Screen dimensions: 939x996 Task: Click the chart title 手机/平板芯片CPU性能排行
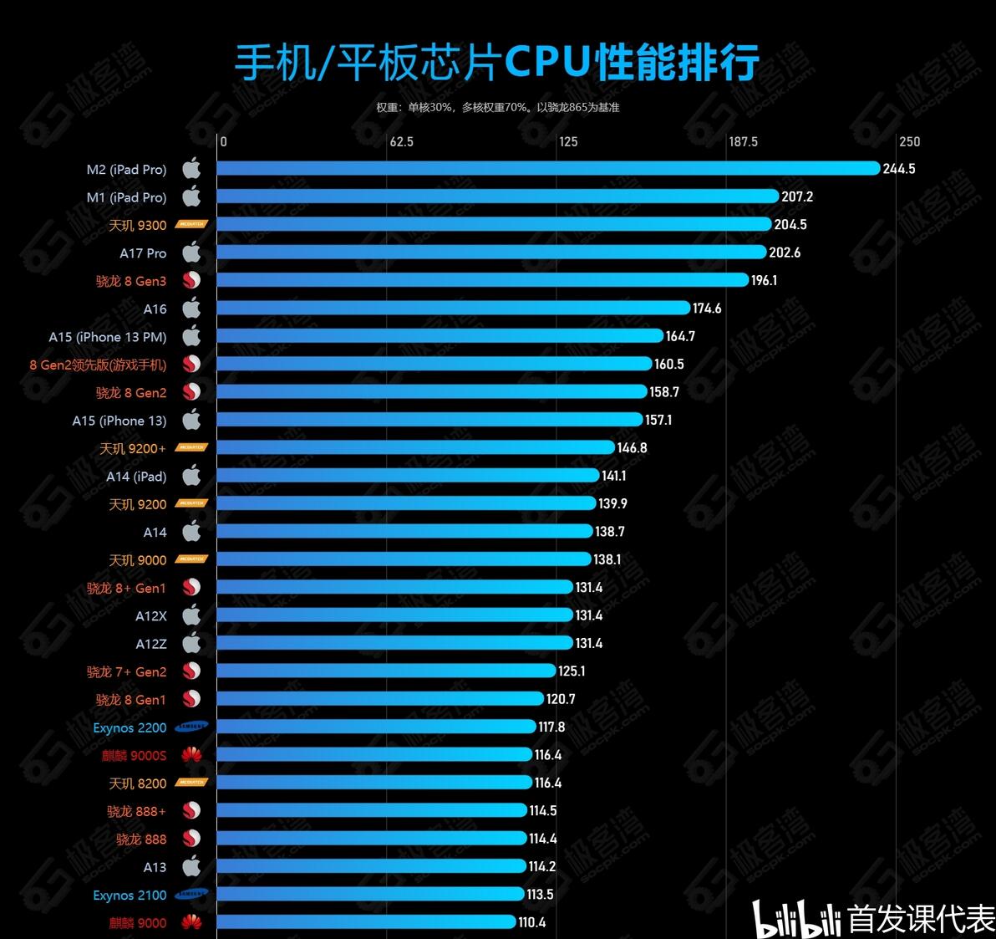[x=496, y=63]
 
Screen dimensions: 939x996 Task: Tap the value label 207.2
[x=797, y=197]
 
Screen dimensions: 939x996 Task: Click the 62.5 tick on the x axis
[x=401, y=142]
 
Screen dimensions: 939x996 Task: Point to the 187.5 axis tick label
[x=743, y=142]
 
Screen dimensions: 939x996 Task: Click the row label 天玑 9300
[x=138, y=226]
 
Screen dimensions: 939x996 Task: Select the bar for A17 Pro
[x=491, y=253]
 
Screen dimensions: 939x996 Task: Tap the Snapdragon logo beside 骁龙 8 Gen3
[x=191, y=281]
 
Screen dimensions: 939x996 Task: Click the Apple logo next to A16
[x=191, y=309]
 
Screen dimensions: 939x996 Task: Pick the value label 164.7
[x=680, y=337]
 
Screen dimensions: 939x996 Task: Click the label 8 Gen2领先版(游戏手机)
[x=98, y=365]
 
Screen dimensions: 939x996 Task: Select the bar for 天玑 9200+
[x=415, y=448]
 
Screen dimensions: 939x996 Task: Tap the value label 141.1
[x=613, y=477]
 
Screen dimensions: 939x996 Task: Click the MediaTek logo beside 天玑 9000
[x=191, y=559]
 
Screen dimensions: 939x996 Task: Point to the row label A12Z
[x=151, y=644]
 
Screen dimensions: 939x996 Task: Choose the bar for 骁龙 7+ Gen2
[x=386, y=671]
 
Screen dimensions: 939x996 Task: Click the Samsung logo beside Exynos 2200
[x=191, y=727]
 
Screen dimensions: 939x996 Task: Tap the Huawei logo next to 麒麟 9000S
[x=191, y=756]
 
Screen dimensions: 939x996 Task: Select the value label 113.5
[x=540, y=895]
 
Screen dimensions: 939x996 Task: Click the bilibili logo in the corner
[x=797, y=920]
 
